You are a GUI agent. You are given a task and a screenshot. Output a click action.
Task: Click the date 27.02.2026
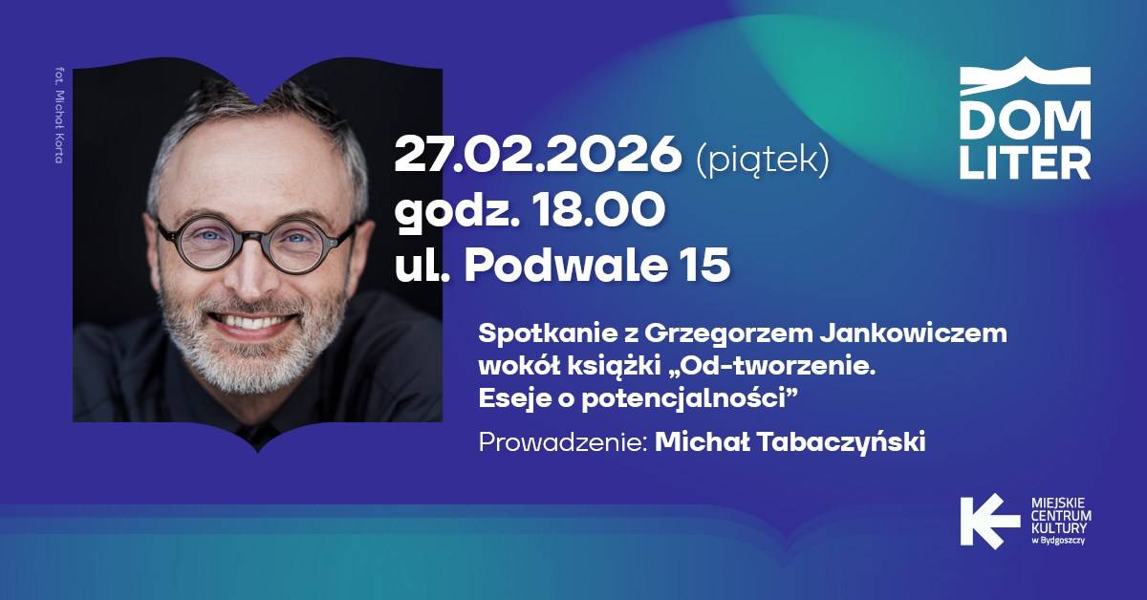(x=537, y=154)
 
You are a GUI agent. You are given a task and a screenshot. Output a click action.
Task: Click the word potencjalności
(x=683, y=399)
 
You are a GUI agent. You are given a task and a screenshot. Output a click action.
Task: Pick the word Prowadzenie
(x=560, y=441)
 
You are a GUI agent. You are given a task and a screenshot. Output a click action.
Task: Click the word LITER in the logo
(x=1025, y=162)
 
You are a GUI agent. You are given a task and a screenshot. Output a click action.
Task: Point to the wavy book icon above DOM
(x=1025, y=75)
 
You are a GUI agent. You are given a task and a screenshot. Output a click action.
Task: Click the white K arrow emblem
(x=989, y=521)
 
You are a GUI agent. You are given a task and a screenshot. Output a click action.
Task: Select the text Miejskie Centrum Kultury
(x=1061, y=516)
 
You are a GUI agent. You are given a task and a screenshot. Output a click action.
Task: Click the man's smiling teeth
(x=249, y=323)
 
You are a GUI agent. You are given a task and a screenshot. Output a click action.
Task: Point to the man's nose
(x=249, y=276)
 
